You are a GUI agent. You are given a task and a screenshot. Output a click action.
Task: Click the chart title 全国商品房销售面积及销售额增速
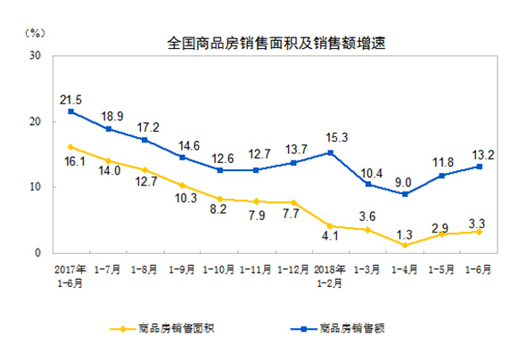pos(276,44)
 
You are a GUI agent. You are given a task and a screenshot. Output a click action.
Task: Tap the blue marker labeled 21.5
pos(71,111)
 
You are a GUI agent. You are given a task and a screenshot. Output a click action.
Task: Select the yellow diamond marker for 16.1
pos(70,147)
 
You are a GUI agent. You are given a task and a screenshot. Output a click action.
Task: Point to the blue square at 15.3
pos(331,153)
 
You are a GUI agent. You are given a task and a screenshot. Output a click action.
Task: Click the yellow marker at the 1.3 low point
pos(405,245)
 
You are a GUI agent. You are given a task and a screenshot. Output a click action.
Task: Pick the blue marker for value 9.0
pos(405,194)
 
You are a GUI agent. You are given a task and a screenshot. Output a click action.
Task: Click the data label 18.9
pos(112,117)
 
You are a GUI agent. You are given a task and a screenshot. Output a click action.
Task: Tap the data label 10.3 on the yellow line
pos(185,198)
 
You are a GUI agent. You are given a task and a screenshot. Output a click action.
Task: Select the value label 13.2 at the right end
pos(483,155)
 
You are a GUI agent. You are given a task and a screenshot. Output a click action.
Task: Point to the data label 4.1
pos(330,236)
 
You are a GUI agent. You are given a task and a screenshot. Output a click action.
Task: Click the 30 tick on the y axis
pos(36,55)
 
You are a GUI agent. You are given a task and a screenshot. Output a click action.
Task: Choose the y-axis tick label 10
pos(36,187)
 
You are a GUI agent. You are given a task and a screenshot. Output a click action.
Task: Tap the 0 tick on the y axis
pos(38,253)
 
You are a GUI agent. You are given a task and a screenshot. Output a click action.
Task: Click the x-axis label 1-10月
pos(218,269)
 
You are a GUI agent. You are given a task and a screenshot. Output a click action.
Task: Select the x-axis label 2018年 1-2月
pos(330,276)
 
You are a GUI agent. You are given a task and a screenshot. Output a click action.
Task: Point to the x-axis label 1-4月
pos(405,269)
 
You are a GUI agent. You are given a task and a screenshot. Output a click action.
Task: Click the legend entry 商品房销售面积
pos(162,329)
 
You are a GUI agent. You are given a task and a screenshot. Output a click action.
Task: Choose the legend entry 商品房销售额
pos(338,329)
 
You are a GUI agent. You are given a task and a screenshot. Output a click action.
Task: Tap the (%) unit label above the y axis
pos(35,33)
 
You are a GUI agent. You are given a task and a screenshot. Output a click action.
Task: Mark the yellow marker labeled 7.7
pos(293,203)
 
